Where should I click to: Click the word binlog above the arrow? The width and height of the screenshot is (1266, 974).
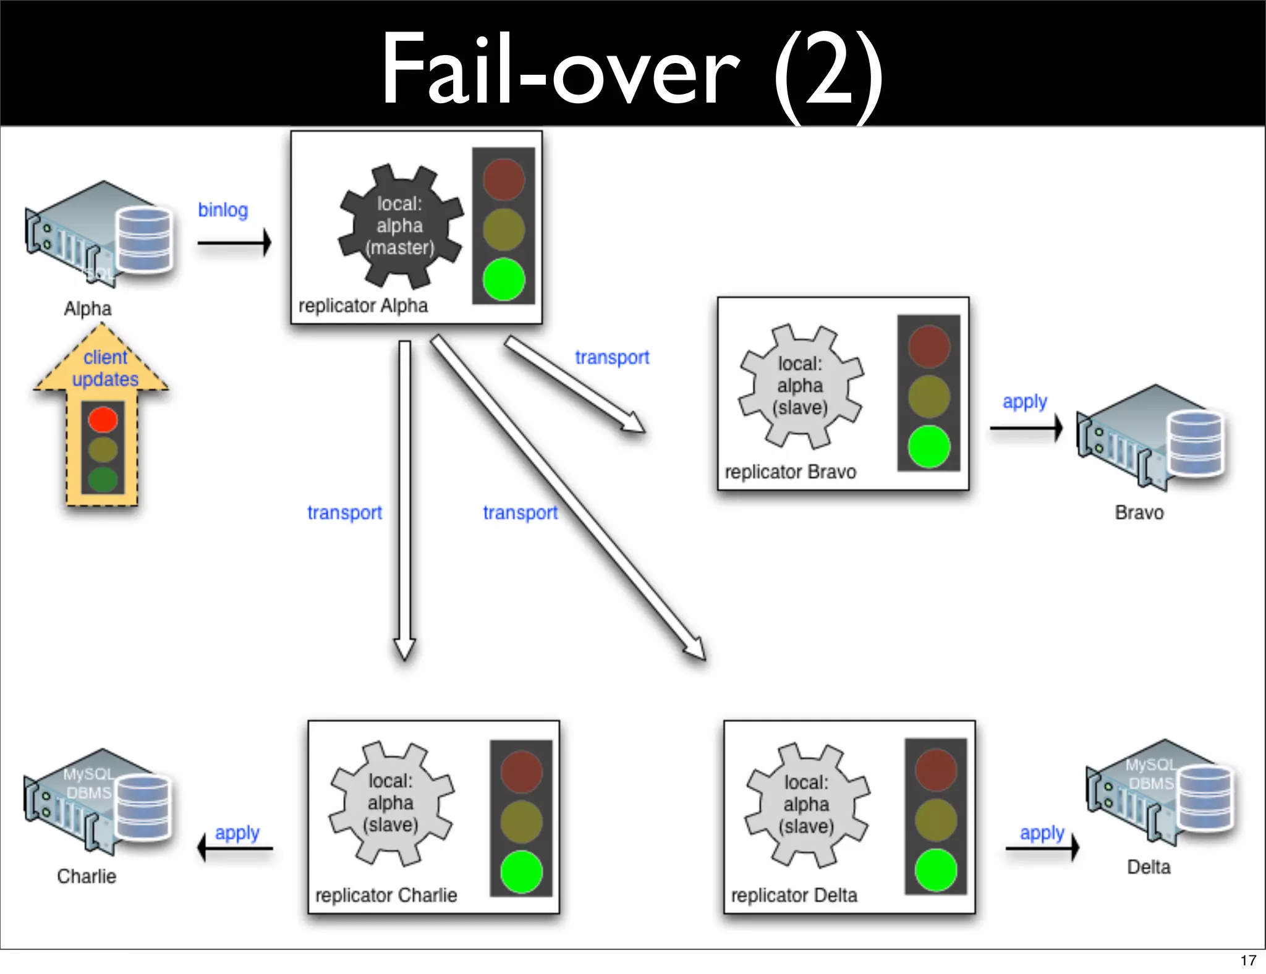[x=223, y=210]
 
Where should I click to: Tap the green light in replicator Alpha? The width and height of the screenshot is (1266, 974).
[x=504, y=279]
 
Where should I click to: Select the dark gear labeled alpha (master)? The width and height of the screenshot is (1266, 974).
[x=400, y=226]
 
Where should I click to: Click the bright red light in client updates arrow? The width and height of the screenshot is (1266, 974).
[x=103, y=420]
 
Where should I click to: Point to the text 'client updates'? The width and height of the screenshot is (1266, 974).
[x=105, y=368]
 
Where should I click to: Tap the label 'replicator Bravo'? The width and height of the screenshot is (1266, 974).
[x=790, y=472]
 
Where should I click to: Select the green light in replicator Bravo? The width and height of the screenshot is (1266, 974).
[x=928, y=446]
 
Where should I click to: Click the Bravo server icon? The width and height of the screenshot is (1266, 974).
[x=1153, y=438]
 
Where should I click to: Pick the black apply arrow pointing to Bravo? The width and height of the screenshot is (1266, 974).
[x=1026, y=428]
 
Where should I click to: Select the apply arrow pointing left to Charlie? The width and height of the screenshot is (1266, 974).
[x=235, y=848]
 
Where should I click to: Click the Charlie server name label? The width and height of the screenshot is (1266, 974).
[x=87, y=876]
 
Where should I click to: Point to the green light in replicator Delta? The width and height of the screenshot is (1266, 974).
[x=936, y=870]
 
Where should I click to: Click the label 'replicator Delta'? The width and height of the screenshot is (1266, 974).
[x=794, y=896]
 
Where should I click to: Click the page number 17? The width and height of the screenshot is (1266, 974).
[x=1248, y=960]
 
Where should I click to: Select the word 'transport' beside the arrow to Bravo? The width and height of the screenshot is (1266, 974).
[x=612, y=357]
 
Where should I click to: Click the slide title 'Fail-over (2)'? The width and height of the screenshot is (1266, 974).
[x=632, y=68]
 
